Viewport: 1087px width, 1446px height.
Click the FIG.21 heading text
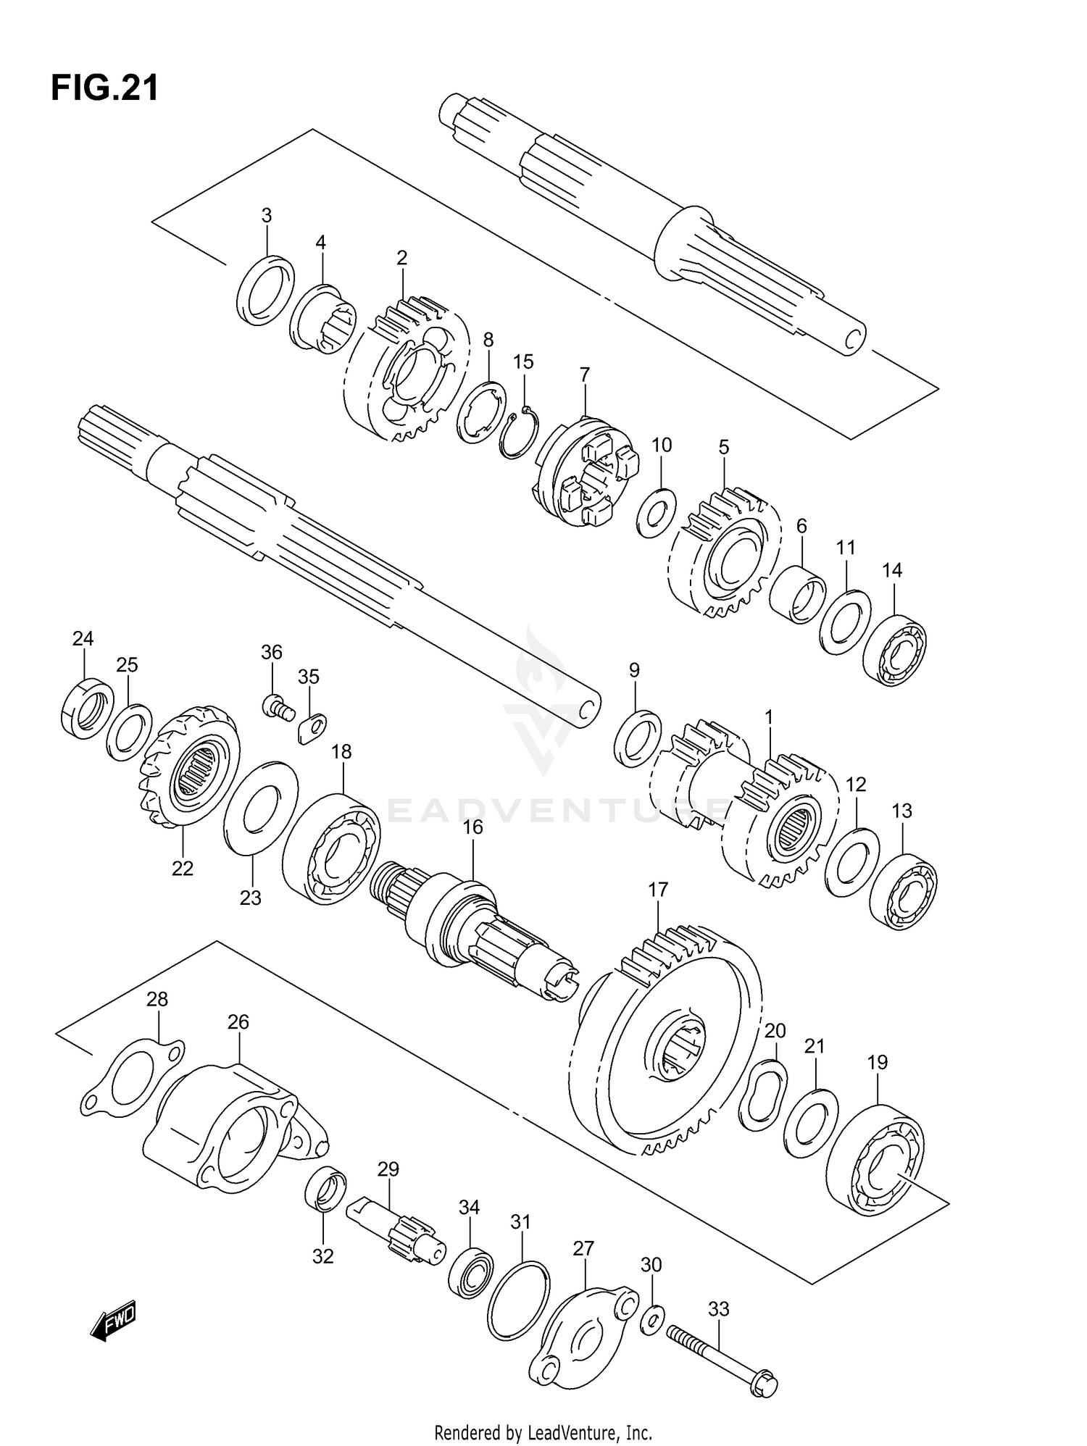pos(104,88)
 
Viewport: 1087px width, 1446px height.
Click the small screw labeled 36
pos(278,707)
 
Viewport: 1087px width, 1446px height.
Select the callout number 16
pos(472,827)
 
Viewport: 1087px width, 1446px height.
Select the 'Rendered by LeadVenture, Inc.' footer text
pos(543,1432)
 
